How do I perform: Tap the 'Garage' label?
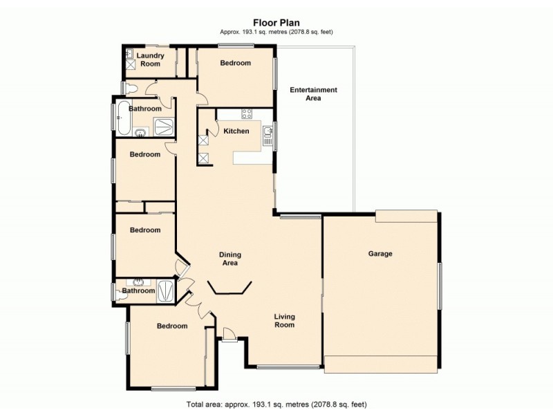pyautogui.click(x=379, y=254)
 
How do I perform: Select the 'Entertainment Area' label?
pyautogui.click(x=313, y=94)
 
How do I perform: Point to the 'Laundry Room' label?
pyautogui.click(x=149, y=59)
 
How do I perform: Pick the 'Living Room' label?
pyautogui.click(x=284, y=320)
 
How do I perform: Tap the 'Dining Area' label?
pyautogui.click(x=229, y=259)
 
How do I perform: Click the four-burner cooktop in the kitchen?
pyautogui.click(x=245, y=113)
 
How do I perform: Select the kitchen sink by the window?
pyautogui.click(x=267, y=131)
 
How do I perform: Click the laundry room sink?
pyautogui.click(x=129, y=53)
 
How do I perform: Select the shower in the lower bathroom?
pyautogui.click(x=166, y=290)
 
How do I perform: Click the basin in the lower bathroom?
pyautogui.click(x=139, y=282)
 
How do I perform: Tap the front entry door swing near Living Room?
pyautogui.click(x=229, y=336)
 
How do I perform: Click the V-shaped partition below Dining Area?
pyautogui.click(x=230, y=288)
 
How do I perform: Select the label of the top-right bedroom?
pyautogui.click(x=235, y=63)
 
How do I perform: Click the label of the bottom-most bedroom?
pyautogui.click(x=171, y=326)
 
